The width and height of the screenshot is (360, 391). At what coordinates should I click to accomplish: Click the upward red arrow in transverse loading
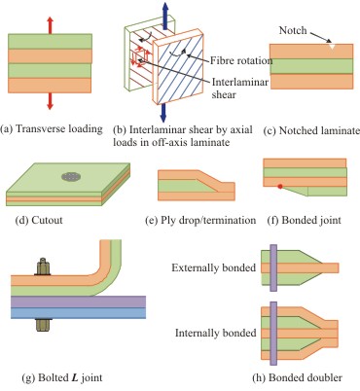pos(50,25)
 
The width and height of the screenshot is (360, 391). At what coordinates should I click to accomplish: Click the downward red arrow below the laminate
pos(50,101)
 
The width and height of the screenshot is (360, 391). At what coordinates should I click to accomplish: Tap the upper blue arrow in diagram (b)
pos(165,14)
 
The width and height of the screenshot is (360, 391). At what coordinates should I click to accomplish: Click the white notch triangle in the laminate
pos(332,47)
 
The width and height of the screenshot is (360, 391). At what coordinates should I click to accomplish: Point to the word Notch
pos(293,30)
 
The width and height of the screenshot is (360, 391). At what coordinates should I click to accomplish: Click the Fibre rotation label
pos(241,60)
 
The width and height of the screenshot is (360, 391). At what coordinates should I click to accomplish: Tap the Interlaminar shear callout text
pos(239,89)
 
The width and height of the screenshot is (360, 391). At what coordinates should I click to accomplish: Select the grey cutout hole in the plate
pos(71,177)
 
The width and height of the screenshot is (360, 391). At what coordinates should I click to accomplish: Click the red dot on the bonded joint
pos(280,187)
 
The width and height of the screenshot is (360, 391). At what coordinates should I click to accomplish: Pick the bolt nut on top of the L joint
pos(43,267)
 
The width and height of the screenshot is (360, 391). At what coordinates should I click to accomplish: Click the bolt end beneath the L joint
pos(43,325)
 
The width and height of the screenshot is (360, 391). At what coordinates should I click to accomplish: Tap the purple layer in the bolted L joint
pos(78,302)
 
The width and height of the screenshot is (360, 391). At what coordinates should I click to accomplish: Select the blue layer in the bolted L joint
pos(78,313)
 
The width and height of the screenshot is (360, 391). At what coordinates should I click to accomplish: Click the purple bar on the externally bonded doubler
pos(273,268)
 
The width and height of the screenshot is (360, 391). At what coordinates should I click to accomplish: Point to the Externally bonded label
pos(214,267)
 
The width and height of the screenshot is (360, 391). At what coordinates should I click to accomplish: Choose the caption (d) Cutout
pos(39,220)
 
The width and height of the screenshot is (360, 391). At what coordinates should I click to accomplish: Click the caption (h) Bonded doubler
pos(297,377)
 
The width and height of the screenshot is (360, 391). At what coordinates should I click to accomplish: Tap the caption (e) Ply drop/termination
pos(200,221)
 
